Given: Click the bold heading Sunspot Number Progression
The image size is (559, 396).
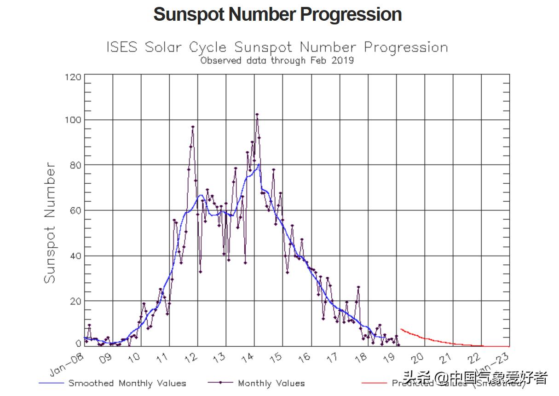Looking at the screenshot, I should tap(277, 14).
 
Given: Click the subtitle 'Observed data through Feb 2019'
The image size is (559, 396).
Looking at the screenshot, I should tap(277, 60).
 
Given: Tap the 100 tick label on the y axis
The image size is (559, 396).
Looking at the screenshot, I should tap(73, 120).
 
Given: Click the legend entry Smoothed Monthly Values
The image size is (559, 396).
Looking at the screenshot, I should tap(127, 383).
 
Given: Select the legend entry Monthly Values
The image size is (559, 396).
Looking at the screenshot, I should tap(271, 383).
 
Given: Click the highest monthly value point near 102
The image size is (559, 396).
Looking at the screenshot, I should tap(257, 114).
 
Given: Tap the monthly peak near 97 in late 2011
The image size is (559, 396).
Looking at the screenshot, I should tap(193, 127).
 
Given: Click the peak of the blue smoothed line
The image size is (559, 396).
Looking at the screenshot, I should tap(259, 164).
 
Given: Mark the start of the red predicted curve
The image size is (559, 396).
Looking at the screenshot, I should tap(401, 329).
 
